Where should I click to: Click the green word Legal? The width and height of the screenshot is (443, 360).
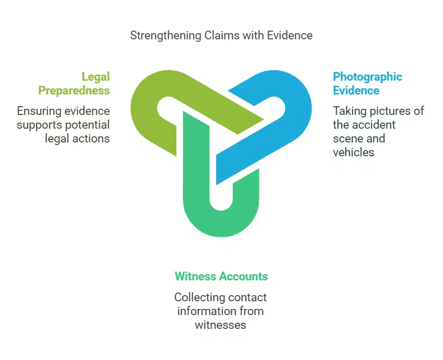[96, 77]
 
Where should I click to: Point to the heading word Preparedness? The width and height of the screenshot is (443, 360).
[74, 91]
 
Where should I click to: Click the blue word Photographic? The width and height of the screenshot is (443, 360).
[367, 77]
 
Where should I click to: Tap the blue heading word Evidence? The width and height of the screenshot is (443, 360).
[356, 91]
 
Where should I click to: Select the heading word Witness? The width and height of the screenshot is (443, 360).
[195, 277]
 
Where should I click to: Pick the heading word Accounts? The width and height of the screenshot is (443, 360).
[244, 277]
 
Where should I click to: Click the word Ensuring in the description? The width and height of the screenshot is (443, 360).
[37, 111]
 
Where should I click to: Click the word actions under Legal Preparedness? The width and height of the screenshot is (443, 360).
[93, 138]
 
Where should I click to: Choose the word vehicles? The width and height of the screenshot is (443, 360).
[354, 152]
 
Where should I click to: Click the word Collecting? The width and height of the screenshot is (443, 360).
[198, 297]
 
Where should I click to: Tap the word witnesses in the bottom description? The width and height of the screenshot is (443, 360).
[221, 325]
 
